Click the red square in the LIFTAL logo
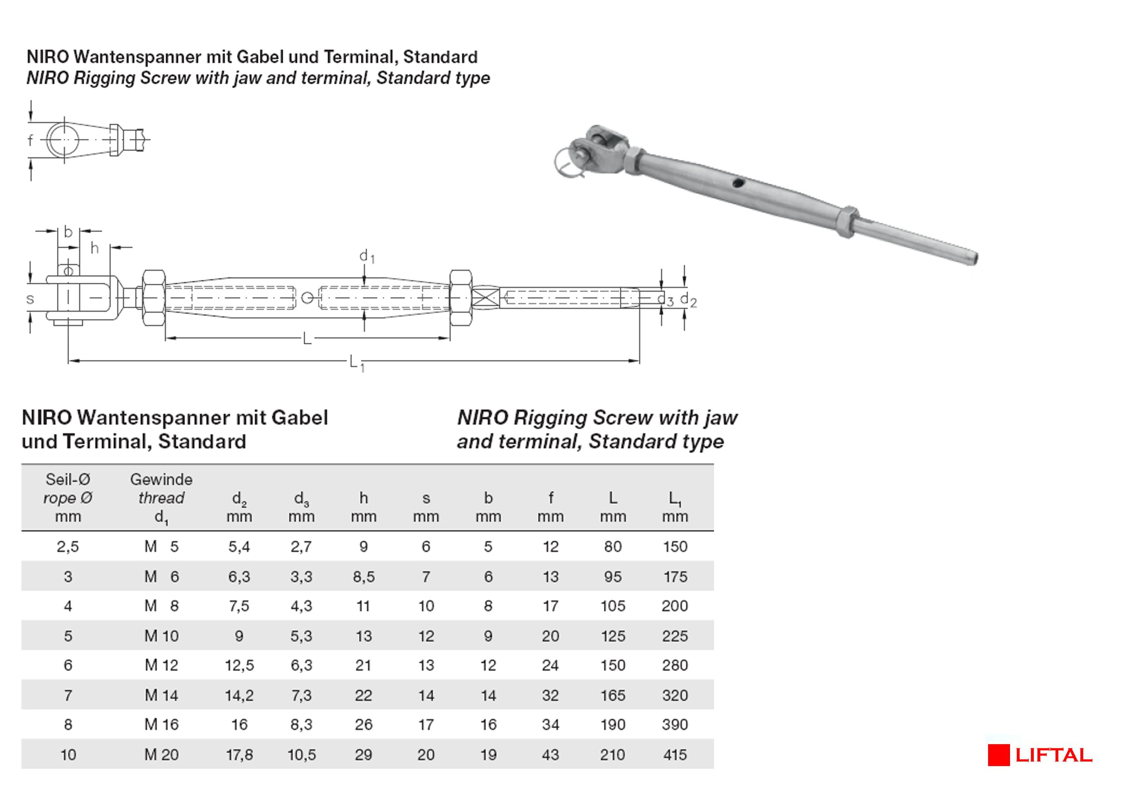[x=999, y=755]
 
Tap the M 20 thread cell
[x=161, y=755]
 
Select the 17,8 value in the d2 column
[x=239, y=755]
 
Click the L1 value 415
[x=674, y=755]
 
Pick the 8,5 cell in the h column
[x=363, y=576]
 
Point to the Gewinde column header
[x=161, y=479]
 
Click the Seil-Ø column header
[x=68, y=479]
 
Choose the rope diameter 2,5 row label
[x=68, y=547]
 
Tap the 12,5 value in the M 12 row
[x=239, y=666]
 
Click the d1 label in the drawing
[x=366, y=256]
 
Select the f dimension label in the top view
[x=31, y=141]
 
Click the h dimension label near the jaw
[x=94, y=248]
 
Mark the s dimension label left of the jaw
[x=31, y=299]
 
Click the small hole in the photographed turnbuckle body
[x=737, y=184]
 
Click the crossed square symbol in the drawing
[x=485, y=298]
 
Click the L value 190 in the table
[x=612, y=724]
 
